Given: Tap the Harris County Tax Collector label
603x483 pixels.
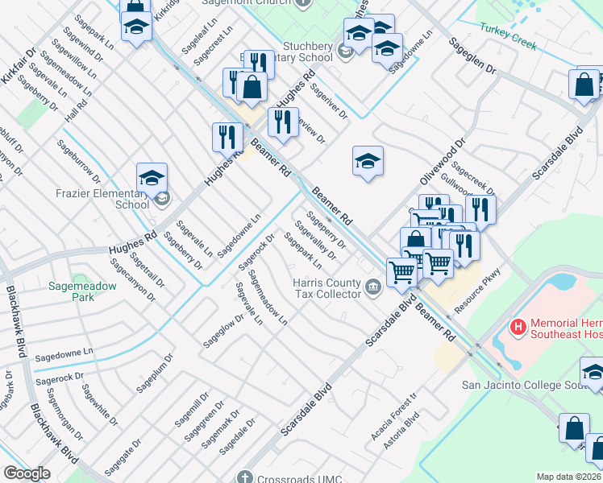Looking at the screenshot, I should click(x=326, y=288).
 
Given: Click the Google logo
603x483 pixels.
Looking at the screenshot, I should click(x=27, y=473).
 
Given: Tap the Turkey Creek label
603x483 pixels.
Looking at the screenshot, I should click(x=508, y=37).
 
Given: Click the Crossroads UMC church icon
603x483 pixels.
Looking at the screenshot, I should click(x=244, y=476).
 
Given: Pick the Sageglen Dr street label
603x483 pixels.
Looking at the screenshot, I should click(x=472, y=56).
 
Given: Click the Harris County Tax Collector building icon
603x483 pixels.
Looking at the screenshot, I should click(x=372, y=286).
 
